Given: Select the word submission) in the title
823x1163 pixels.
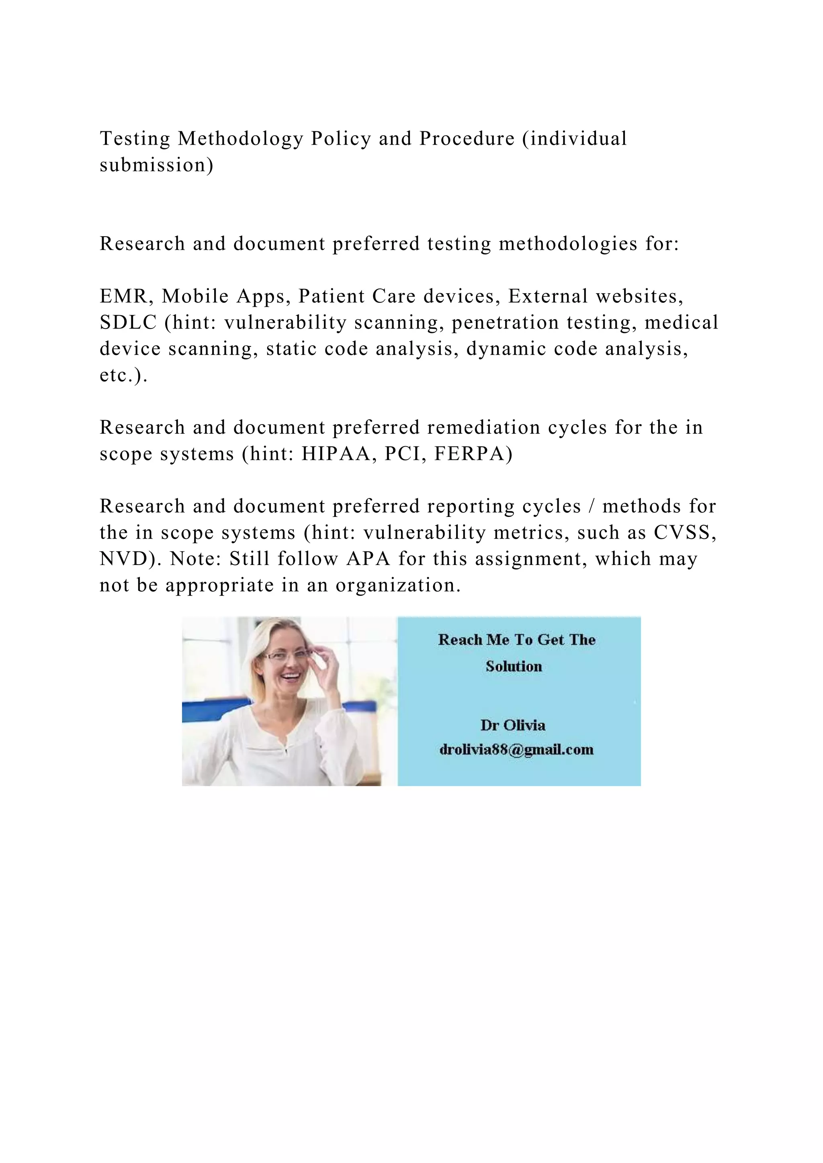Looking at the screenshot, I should click(157, 165).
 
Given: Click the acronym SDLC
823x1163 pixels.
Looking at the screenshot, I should click(128, 322).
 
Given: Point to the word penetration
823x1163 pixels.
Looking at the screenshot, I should click(505, 322).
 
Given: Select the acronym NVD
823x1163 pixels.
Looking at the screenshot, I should click(130, 559).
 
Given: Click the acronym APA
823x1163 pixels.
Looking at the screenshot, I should click(369, 559).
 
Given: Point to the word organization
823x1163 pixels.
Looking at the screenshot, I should click(398, 586).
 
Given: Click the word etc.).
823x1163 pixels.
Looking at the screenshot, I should click(124, 375).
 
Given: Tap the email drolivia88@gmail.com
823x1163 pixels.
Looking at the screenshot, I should click(516, 750).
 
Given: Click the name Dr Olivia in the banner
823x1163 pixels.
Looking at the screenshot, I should click(513, 725).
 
